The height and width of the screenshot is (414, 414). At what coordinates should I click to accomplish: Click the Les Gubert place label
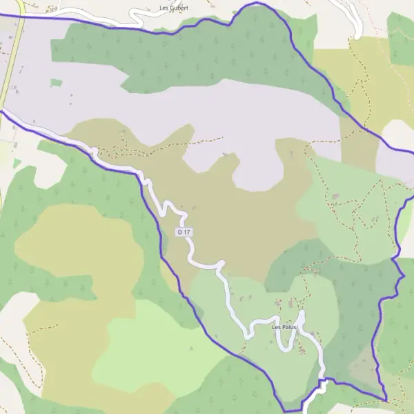[x=174, y=8]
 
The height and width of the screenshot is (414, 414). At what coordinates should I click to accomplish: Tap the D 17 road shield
[x=182, y=233]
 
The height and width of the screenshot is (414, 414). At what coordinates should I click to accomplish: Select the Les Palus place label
[x=284, y=327]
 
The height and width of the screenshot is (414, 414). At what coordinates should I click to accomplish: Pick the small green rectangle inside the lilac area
[x=56, y=83]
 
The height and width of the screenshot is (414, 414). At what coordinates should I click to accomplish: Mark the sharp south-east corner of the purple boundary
[x=386, y=400]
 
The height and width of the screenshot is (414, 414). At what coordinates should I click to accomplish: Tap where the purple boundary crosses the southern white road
[x=321, y=380]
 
